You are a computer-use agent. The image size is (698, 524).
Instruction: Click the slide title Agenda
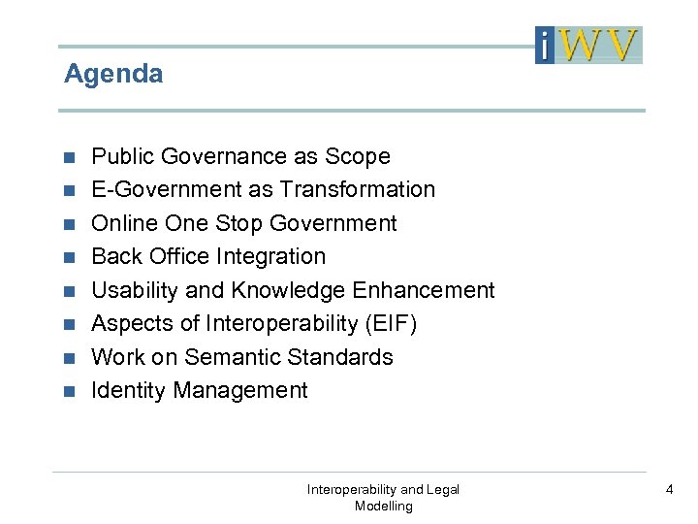(113, 74)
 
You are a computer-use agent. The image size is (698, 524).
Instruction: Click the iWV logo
(588, 45)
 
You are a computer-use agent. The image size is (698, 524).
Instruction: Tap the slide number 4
(669, 490)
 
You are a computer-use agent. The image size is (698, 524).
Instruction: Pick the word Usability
(131, 290)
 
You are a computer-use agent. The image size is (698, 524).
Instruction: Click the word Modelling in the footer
(383, 506)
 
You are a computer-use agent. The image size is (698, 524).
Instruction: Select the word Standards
(346, 357)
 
